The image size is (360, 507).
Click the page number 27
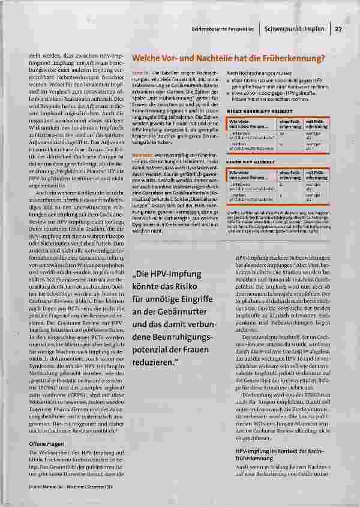[338, 28]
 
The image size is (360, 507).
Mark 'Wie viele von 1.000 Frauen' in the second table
[242, 173]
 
